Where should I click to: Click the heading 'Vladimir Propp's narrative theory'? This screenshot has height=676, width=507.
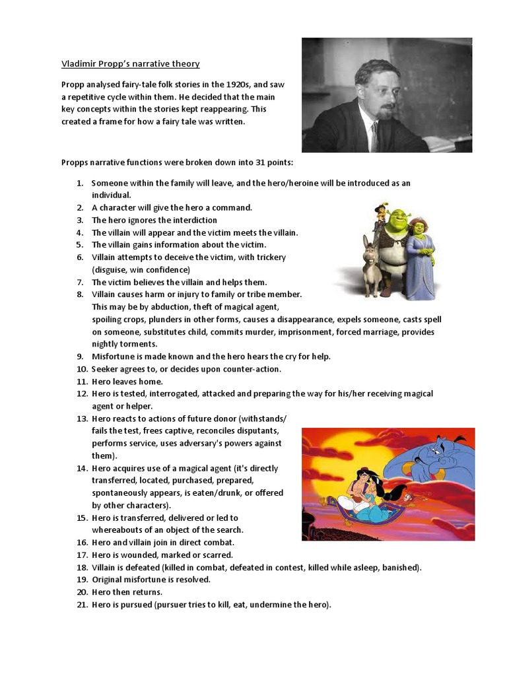130,64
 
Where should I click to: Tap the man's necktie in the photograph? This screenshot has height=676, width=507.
374,136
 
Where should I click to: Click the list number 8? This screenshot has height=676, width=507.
80,294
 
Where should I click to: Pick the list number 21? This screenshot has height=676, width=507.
82,605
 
